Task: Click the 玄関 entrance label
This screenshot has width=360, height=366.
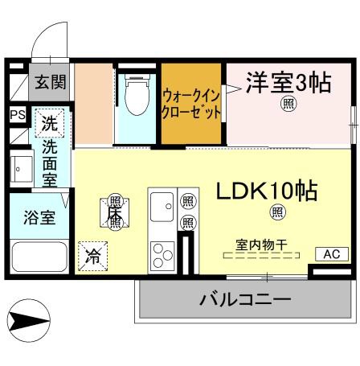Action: (x=50, y=81)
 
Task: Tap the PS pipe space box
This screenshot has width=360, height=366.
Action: (x=17, y=115)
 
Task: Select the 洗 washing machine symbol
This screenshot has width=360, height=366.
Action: (x=49, y=124)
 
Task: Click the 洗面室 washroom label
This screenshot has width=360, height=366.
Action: (x=49, y=164)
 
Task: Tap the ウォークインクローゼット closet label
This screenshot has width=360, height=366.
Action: (x=191, y=104)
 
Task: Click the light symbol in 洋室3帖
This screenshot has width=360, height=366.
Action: (x=288, y=105)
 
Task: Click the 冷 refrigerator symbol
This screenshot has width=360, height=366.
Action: (x=92, y=257)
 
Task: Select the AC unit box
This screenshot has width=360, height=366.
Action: (x=331, y=254)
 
